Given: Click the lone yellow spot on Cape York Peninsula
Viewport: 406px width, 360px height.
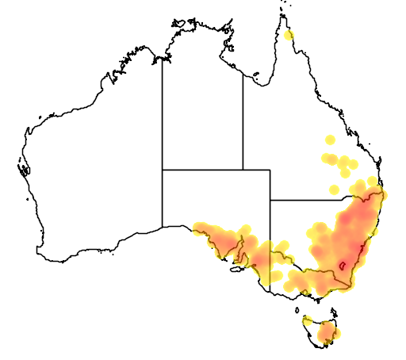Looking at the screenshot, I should (288, 35).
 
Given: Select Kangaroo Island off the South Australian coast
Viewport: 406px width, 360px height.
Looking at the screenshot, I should (235, 270).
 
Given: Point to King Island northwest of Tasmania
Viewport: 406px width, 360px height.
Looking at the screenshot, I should (294, 299).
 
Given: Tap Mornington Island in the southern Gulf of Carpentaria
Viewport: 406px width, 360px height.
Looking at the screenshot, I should (257, 77).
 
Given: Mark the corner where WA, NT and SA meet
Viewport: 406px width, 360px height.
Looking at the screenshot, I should (163, 169).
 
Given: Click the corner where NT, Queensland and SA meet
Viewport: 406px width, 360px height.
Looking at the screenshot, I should (243, 169).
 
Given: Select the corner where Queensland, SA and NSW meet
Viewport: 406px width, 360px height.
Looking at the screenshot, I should (270, 201).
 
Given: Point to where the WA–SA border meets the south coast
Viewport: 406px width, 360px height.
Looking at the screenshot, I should (163, 228).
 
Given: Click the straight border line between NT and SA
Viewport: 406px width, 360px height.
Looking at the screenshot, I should (202, 169).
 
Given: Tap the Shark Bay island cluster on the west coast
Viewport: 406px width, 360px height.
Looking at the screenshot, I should (21, 168).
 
